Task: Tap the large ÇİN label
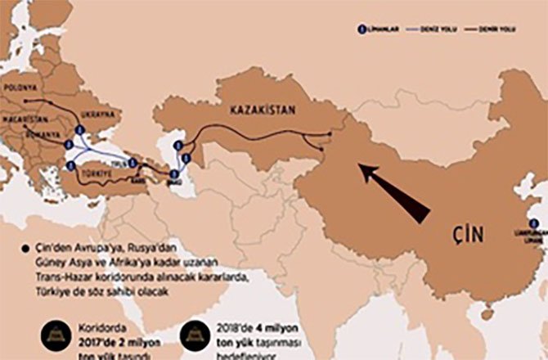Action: point(465,234)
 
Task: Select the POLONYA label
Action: point(21,85)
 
